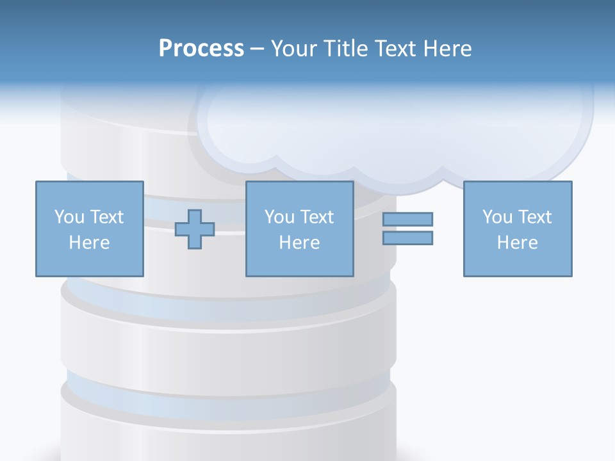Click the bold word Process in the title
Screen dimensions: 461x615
tap(201, 49)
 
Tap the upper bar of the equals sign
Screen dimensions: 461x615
tap(407, 220)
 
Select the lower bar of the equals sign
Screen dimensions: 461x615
tap(407, 238)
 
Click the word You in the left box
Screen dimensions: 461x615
tap(69, 217)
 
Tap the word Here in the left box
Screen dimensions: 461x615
tap(89, 243)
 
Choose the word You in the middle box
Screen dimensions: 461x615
tap(279, 217)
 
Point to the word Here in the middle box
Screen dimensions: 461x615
tap(299, 243)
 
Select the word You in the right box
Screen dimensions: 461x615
tap(497, 217)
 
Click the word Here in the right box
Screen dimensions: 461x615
tap(517, 243)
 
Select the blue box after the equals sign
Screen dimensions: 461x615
tap(518, 263)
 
